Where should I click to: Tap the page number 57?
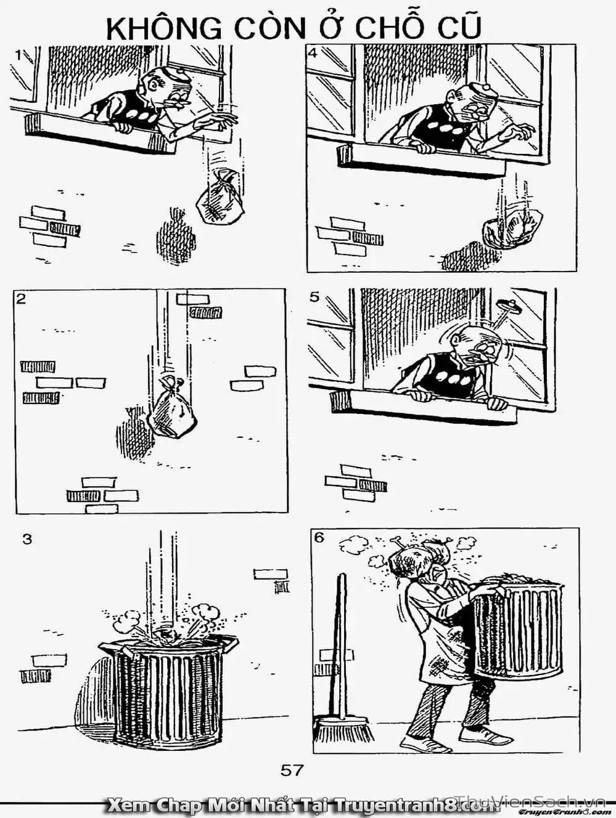[x=292, y=769]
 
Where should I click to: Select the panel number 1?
[x=19, y=55]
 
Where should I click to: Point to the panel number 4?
[x=313, y=53]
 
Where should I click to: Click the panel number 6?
[x=319, y=537]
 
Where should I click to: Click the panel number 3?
[x=27, y=539]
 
